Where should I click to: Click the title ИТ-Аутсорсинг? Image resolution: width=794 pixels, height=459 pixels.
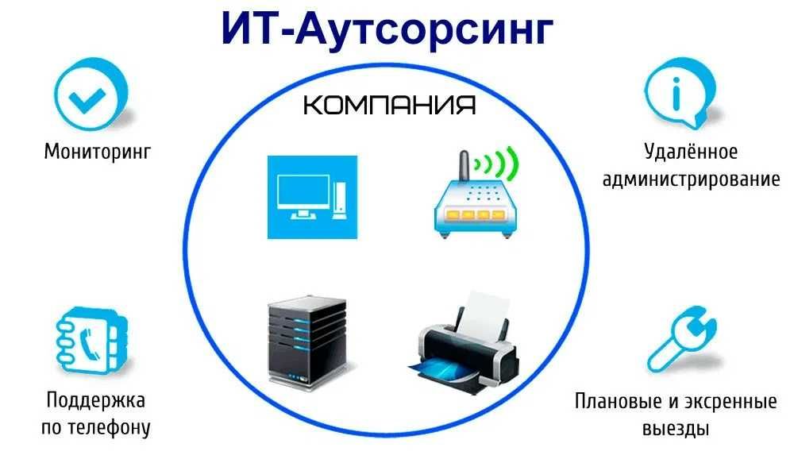coord(387,29)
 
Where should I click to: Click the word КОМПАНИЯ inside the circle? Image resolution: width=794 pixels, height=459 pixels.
coord(389,105)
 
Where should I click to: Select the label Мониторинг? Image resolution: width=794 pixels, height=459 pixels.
coord(98,152)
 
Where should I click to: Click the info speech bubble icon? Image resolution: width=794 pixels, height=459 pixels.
coord(680,94)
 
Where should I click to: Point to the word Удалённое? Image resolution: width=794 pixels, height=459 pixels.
coord(691,151)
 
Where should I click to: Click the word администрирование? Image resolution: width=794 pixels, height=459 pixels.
coord(691,179)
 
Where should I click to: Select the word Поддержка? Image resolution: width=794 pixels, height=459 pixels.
coord(96,400)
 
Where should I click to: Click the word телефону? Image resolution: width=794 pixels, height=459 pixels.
coord(110,427)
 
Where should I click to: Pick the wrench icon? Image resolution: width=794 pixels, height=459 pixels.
coord(683,338)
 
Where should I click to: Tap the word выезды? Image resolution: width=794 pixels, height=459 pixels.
coord(676,428)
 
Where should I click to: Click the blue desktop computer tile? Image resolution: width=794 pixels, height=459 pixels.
coord(312,197)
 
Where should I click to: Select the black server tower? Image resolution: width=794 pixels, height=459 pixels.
coord(307,342)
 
